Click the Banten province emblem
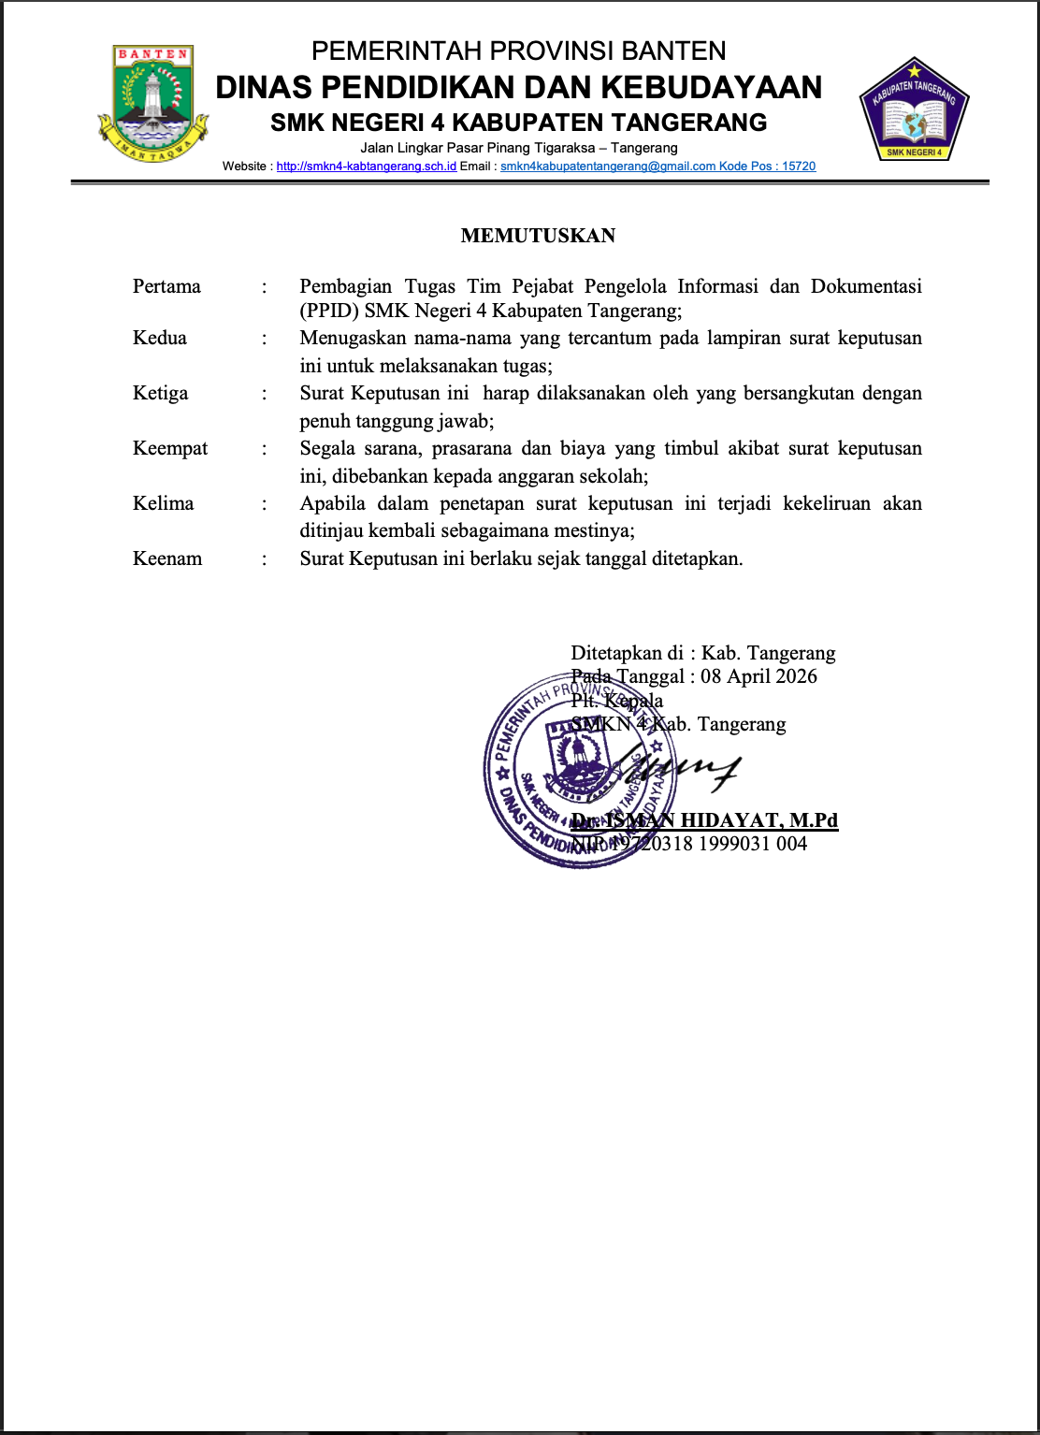coord(153,103)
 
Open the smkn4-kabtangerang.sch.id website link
coord(366,167)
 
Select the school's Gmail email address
coord(607,167)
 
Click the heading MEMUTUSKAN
coord(538,236)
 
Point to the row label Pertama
coord(166,286)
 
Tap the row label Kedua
coord(160,338)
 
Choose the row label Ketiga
coord(160,393)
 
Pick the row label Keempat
coord(170,448)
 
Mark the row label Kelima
coord(164,503)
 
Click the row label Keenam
coord(167,558)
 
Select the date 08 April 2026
coord(758,676)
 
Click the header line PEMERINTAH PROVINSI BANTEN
coord(518,51)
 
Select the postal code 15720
coord(799,167)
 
